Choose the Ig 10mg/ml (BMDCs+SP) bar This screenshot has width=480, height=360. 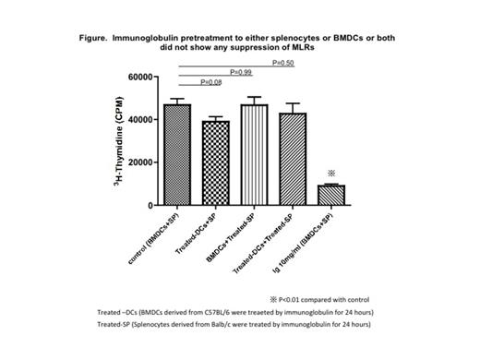pyautogui.click(x=330, y=195)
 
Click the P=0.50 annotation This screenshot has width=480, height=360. pyautogui.click(x=284, y=62)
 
